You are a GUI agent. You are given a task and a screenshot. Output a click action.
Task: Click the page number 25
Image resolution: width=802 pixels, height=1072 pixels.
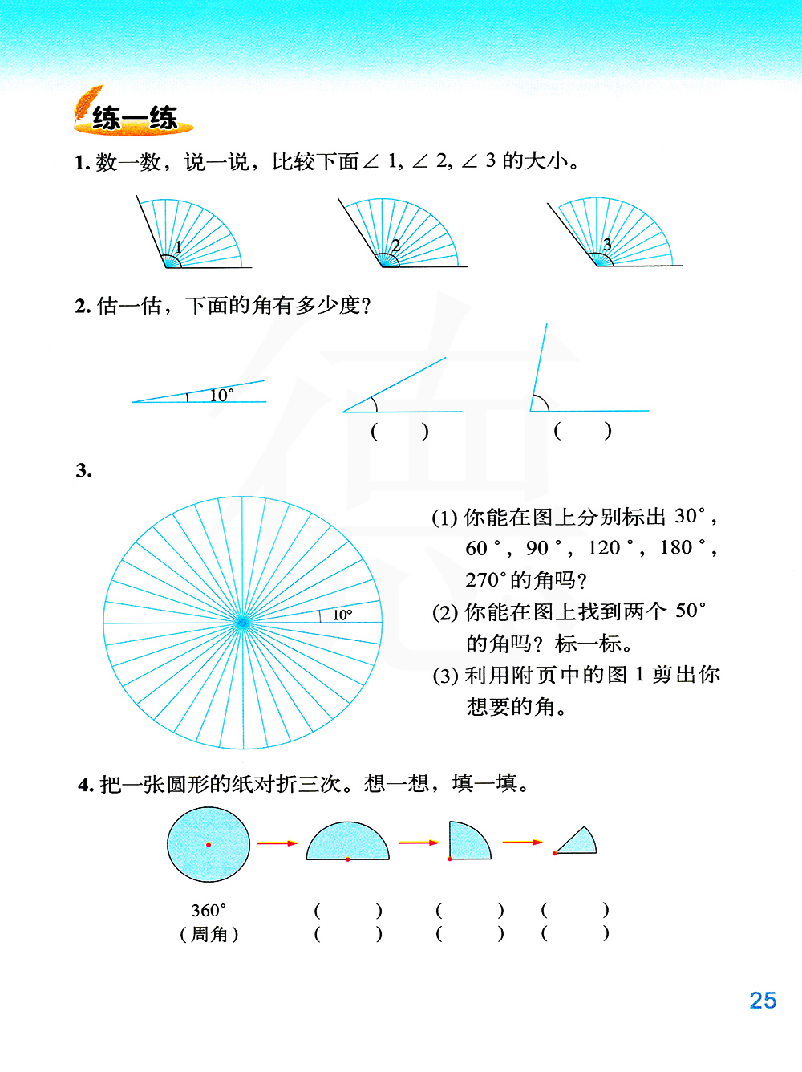(763, 1001)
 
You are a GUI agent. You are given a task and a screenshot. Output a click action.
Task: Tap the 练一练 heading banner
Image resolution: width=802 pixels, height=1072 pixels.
(134, 118)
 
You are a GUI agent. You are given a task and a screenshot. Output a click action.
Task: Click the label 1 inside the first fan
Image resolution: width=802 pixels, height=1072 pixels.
(178, 247)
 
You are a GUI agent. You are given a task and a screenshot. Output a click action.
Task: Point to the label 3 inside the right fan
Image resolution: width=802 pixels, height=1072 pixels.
(607, 244)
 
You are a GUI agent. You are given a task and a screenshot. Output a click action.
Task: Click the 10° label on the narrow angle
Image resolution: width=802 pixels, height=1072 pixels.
(221, 395)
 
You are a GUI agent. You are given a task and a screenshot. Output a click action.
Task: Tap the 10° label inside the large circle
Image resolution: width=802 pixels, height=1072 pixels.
(342, 615)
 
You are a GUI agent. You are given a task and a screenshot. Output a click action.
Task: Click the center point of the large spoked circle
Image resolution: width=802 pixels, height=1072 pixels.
(242, 622)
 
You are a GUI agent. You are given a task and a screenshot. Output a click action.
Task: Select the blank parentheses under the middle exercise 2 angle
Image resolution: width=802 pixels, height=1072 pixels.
(399, 432)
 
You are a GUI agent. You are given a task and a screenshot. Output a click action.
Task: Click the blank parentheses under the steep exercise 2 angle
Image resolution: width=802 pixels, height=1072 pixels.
(582, 431)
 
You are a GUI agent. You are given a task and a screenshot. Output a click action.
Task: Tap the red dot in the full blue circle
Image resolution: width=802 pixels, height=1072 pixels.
(209, 844)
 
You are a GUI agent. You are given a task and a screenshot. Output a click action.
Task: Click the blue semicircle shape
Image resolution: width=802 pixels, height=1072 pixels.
(347, 843)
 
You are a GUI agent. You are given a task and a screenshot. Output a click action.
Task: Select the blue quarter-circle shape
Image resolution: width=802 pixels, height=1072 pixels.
(467, 841)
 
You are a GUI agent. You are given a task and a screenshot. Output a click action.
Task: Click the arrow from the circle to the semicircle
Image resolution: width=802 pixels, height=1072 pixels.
(277, 843)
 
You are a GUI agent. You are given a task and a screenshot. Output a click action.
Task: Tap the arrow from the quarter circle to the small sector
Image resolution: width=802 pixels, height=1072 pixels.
(522, 843)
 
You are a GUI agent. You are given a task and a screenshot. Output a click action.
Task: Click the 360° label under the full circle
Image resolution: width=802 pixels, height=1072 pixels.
(209, 911)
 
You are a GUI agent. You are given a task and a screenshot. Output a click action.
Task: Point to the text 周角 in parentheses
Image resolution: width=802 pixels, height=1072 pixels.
(209, 934)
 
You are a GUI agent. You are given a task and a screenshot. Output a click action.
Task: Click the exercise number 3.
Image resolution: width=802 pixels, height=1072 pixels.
(83, 471)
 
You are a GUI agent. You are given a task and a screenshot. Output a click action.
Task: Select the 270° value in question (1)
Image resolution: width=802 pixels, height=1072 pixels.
(486, 579)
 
